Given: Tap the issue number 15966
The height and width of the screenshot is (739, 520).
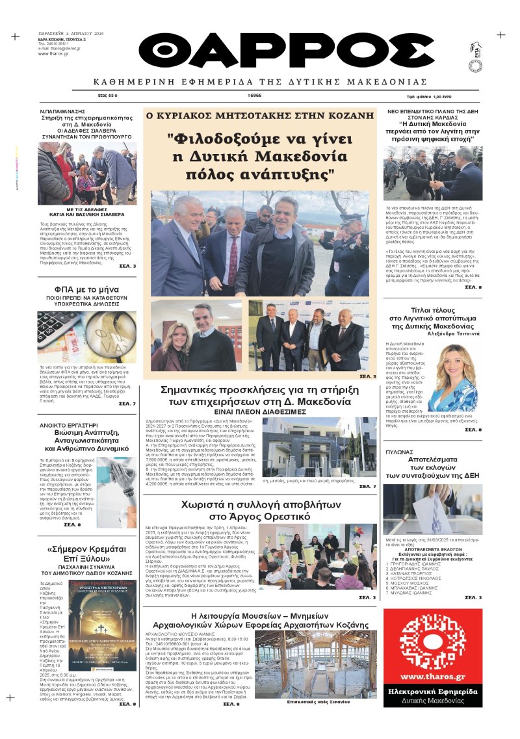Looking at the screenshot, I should pyautogui.click(x=255, y=96).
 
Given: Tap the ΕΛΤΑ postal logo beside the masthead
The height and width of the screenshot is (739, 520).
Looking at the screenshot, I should pyautogui.click(x=476, y=51).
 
